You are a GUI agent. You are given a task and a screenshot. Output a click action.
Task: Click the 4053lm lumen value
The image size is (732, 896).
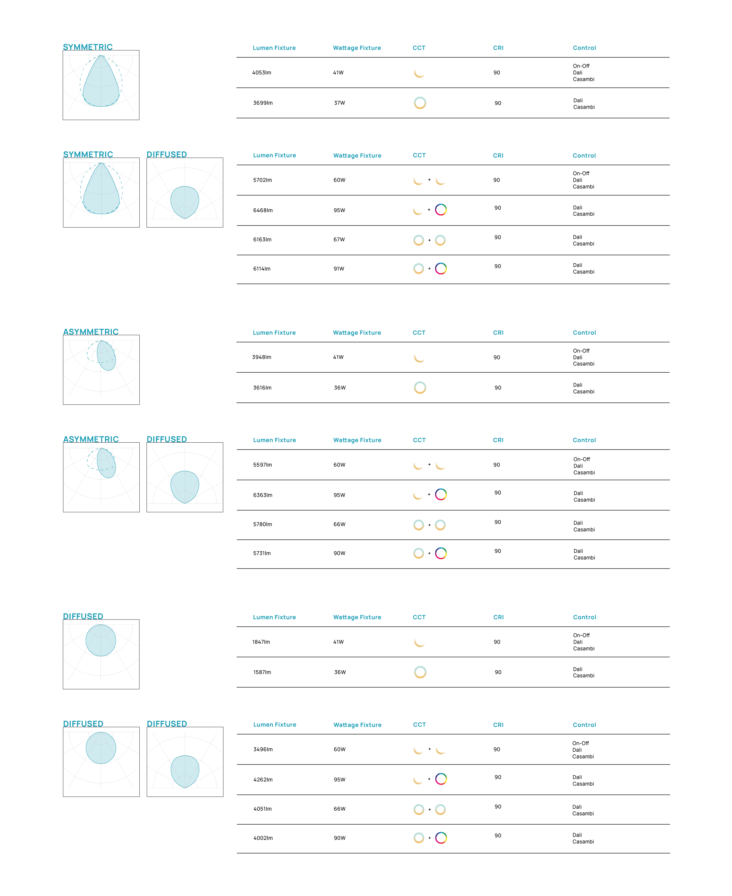click(x=261, y=72)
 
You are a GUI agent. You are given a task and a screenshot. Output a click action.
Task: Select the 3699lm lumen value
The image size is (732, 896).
click(x=263, y=103)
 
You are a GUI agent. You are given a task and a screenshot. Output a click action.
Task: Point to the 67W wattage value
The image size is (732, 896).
click(x=339, y=240)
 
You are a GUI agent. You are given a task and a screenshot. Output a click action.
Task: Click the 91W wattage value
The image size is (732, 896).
click(x=338, y=269)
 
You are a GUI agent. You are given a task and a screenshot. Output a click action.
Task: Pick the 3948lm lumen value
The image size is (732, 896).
click(x=261, y=357)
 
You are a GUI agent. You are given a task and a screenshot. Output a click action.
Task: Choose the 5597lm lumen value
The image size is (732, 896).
click(x=262, y=465)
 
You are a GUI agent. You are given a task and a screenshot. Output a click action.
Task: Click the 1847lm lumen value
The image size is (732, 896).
click(x=261, y=642)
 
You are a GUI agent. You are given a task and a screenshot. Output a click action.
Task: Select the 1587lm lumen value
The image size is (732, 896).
click(x=262, y=672)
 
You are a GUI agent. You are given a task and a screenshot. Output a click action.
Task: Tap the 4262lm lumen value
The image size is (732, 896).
click(x=263, y=779)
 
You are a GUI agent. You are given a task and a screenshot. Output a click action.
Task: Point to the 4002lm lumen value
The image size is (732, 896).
click(x=263, y=838)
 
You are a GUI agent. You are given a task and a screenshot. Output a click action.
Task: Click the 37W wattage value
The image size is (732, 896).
click(x=340, y=103)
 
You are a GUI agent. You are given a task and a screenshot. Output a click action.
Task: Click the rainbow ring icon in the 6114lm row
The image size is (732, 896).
click(x=441, y=269)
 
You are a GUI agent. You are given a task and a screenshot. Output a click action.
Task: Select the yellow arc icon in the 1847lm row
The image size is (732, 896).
click(x=419, y=642)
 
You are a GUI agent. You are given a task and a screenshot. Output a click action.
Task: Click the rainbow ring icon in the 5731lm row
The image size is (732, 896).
click(x=441, y=553)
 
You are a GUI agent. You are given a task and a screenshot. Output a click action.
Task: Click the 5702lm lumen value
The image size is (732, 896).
click(x=262, y=180)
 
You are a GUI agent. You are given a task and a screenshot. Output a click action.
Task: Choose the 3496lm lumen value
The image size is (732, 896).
click(x=263, y=749)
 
